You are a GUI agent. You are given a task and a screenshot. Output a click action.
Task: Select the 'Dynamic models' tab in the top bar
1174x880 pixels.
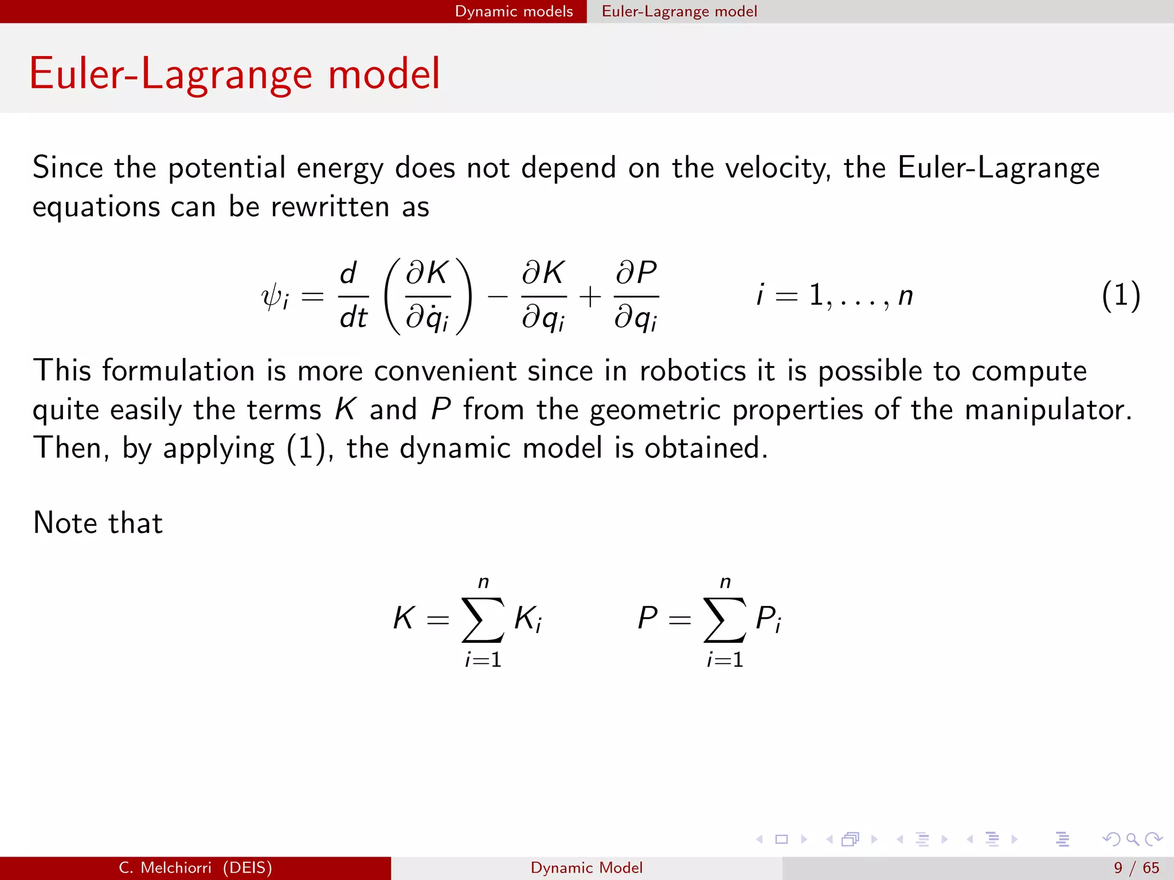[514, 11]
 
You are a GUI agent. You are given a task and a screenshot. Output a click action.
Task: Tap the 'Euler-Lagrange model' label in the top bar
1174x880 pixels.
[679, 11]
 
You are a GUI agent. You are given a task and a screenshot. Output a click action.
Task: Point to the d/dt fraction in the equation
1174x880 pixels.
[353, 296]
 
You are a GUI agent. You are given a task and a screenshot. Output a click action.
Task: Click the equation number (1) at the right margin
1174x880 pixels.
[1121, 296]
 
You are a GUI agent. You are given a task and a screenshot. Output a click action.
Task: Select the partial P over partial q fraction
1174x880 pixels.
[636, 296]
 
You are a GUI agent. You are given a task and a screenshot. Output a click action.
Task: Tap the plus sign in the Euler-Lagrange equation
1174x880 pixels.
[590, 297]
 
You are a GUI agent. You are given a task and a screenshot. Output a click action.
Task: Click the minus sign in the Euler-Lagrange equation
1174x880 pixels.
[497, 297]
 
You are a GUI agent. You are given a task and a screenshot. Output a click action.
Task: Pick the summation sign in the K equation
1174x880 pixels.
[483, 620]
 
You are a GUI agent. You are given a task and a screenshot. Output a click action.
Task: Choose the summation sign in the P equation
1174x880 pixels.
[725, 620]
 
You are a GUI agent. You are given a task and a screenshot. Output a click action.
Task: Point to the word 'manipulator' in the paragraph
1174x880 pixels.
[1047, 410]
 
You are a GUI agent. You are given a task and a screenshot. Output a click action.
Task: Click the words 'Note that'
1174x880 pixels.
[98, 523]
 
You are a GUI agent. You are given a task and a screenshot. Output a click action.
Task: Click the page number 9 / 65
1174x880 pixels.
[1136, 868]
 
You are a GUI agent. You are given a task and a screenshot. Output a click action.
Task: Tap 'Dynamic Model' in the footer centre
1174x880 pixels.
[586, 868]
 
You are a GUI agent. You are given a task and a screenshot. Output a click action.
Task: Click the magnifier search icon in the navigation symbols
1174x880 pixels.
[1132, 839]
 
